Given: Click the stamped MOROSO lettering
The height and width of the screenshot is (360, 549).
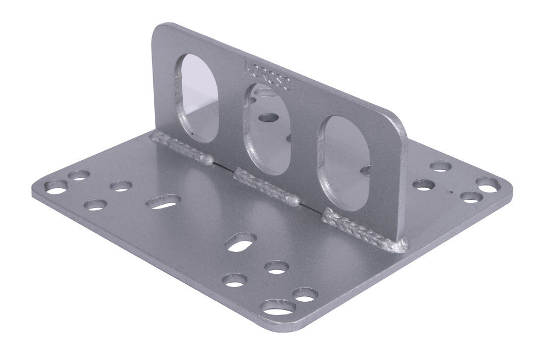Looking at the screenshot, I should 270,77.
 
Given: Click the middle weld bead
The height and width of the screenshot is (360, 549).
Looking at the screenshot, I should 267,187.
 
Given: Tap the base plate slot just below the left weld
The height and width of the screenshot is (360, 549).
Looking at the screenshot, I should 164,202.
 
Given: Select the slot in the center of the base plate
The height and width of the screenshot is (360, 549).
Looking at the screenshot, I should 240,242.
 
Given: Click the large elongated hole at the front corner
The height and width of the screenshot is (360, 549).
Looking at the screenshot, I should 278,307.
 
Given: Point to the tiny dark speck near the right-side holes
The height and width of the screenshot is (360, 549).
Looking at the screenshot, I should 451,192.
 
